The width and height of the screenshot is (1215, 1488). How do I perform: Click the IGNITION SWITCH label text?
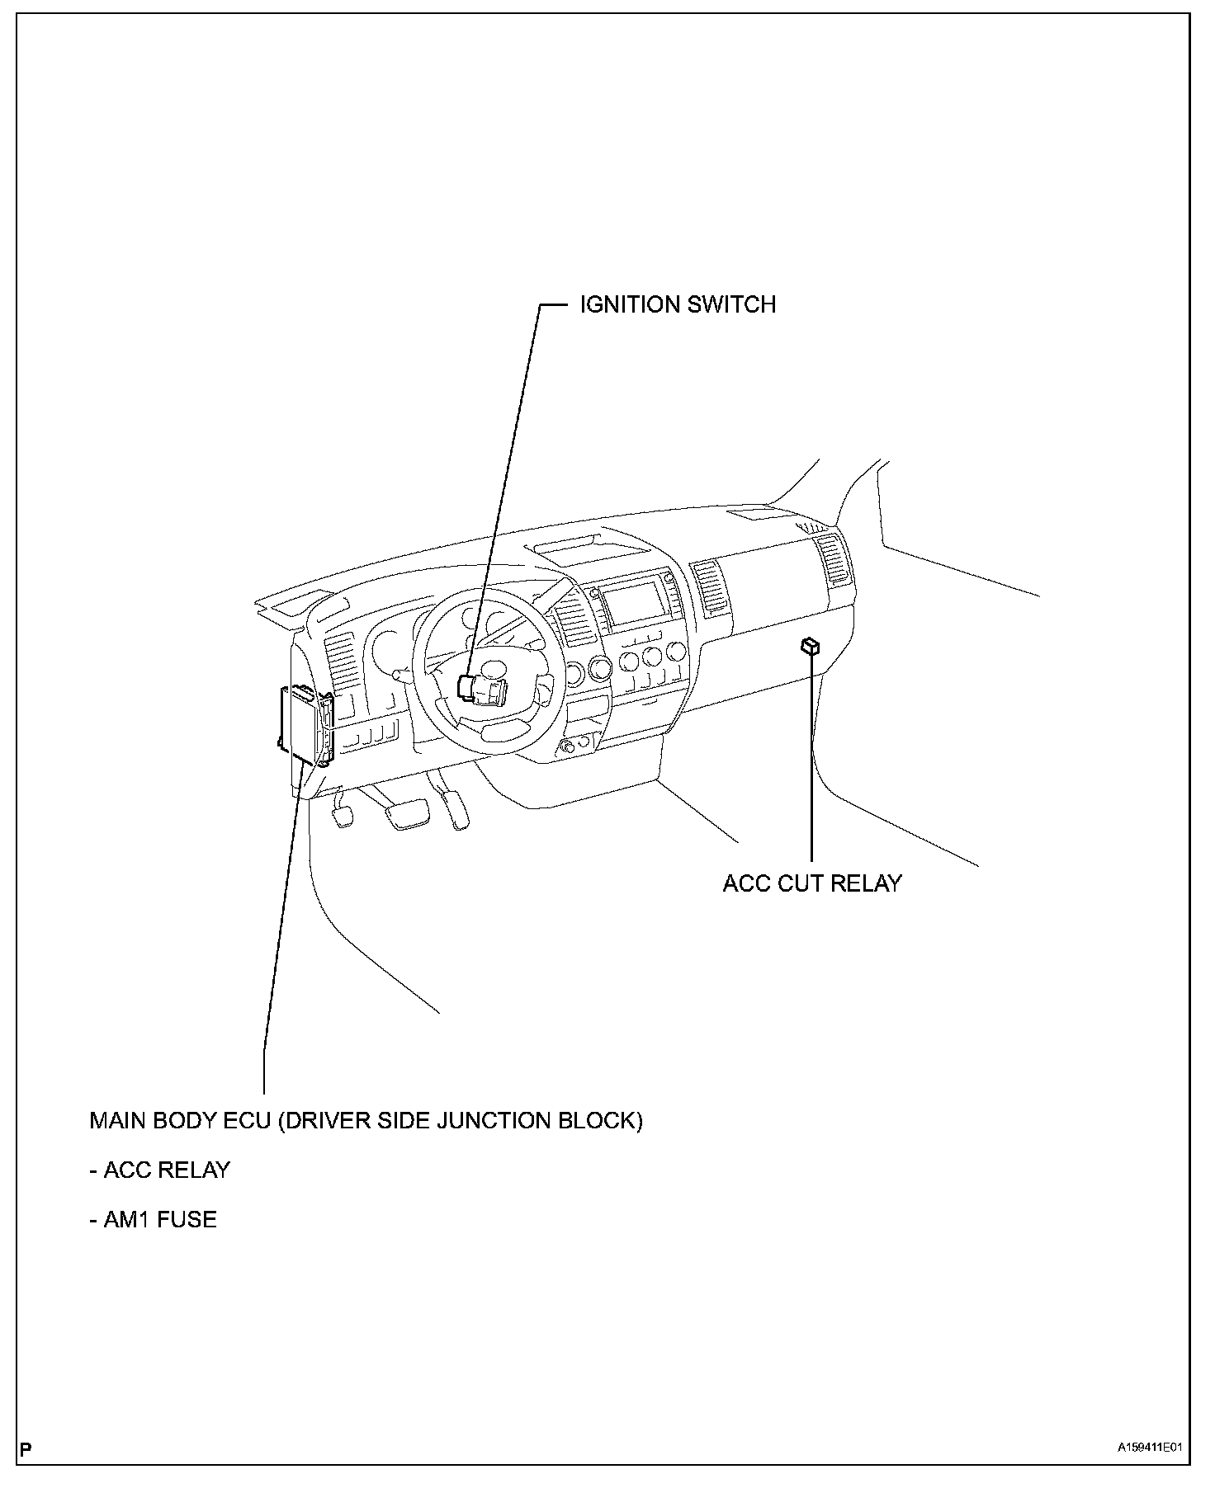pos(678,305)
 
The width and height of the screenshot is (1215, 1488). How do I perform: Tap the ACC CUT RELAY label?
pos(812,883)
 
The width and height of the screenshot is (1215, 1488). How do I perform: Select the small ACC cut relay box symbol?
pos(811,646)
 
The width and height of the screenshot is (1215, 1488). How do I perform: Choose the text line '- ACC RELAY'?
pos(159,1170)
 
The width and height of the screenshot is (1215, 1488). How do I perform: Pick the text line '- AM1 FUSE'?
pos(153,1219)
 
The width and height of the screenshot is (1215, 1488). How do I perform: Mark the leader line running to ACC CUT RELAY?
pos(812,759)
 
